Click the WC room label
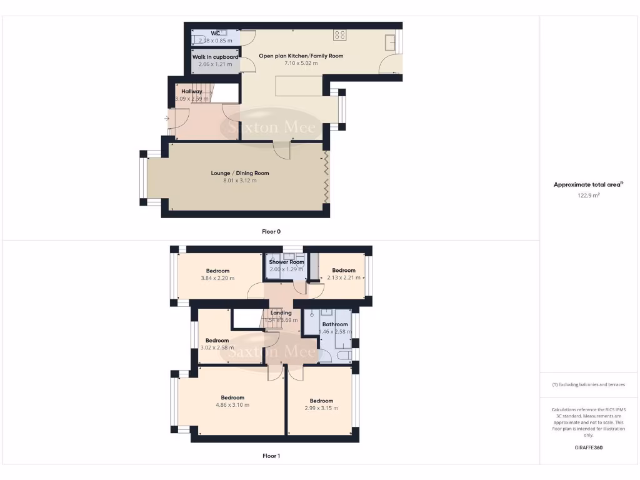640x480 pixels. (215, 33)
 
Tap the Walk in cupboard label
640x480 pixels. (215, 57)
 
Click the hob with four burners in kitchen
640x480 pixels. (340, 35)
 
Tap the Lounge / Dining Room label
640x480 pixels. (240, 173)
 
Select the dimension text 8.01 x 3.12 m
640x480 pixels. (240, 181)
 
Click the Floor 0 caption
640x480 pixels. (271, 231)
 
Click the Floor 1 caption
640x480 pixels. (271, 456)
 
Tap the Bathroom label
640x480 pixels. (335, 324)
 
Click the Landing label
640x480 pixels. (281, 312)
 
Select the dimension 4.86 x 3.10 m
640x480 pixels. (232, 405)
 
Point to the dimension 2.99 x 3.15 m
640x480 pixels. (321, 408)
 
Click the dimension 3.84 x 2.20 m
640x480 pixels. (217, 278)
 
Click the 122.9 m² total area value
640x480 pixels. (588, 195)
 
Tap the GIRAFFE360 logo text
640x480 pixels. (588, 447)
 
